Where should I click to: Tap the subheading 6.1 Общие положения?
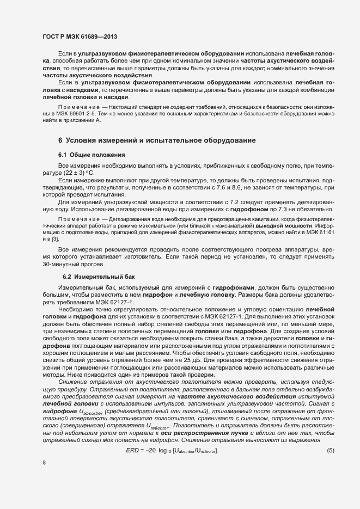pyautogui.click(x=92, y=155)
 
